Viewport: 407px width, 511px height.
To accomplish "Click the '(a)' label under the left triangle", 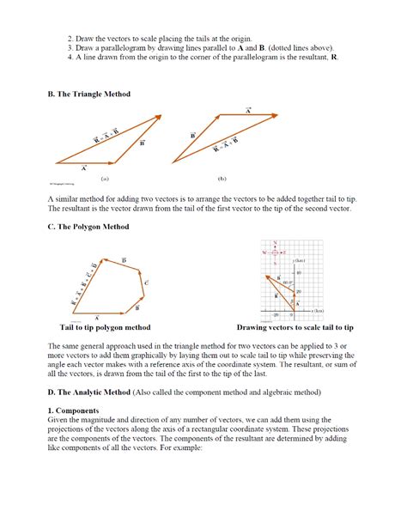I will point(104,179).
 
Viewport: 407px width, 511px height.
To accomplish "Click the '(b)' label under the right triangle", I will point(222,179).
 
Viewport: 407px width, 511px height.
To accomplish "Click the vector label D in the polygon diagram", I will point(125,259).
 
